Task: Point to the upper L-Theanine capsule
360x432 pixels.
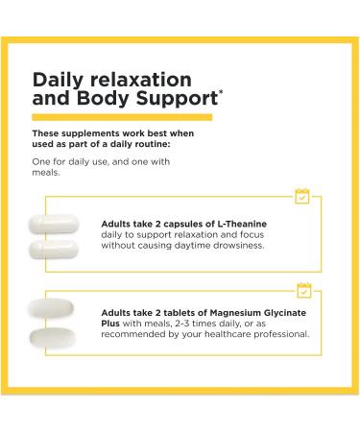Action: coord(58,217)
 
